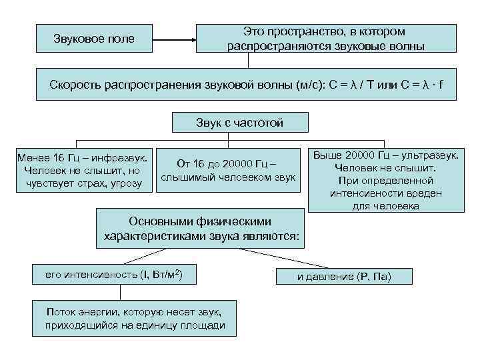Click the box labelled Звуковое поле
94,39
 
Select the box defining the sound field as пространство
325,39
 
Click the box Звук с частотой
239,123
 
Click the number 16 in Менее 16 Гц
60,158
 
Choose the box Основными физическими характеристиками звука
200,228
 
